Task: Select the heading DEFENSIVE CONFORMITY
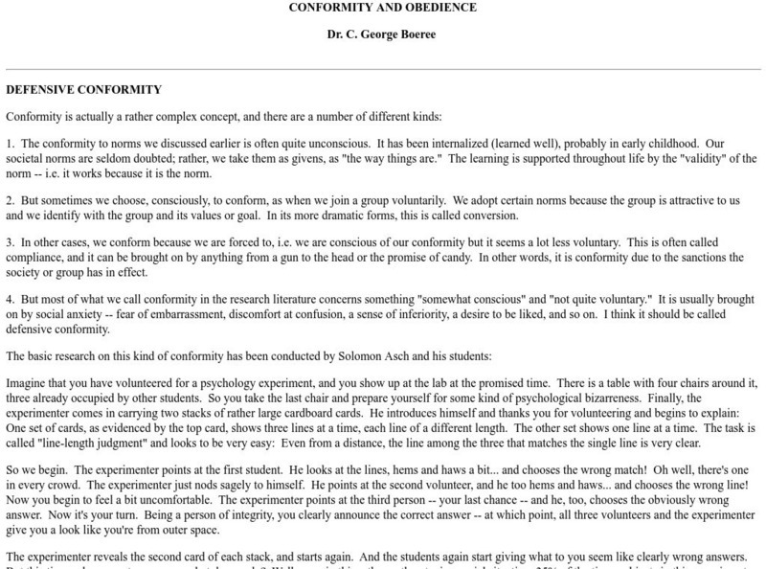pyautogui.click(x=84, y=90)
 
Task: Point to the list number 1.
pyautogui.click(x=10, y=143)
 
